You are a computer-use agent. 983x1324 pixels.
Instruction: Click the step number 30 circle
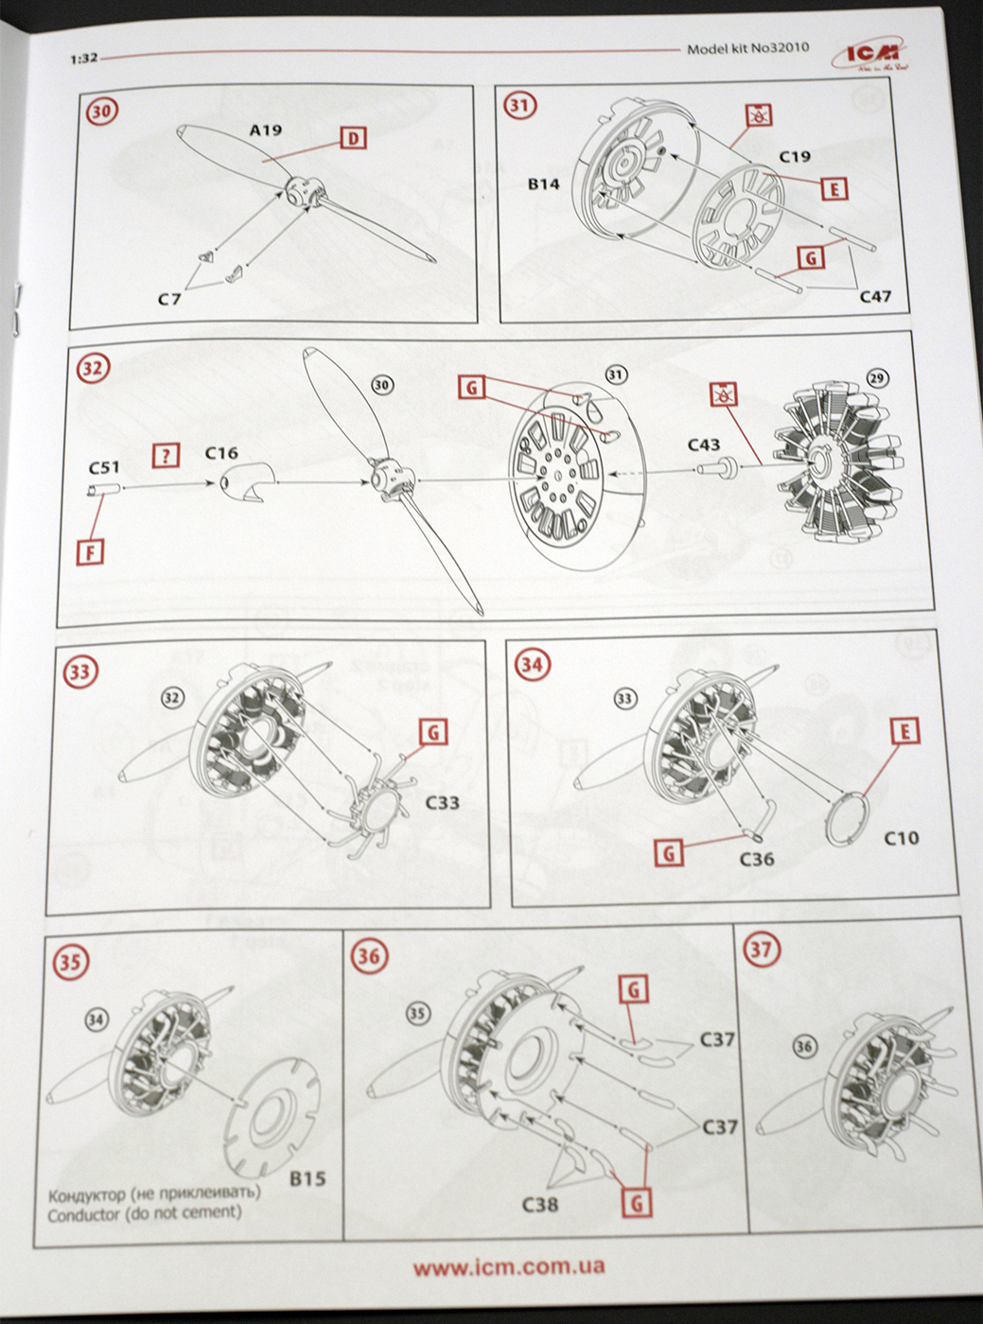pyautogui.click(x=102, y=112)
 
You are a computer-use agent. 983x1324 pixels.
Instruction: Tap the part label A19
pyautogui.click(x=265, y=131)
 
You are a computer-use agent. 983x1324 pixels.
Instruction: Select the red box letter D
pyautogui.click(x=352, y=139)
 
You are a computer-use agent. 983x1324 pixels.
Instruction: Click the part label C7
pyautogui.click(x=169, y=300)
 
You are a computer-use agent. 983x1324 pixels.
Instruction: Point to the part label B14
pyautogui.click(x=543, y=183)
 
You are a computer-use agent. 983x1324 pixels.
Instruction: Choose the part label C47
pyautogui.click(x=875, y=296)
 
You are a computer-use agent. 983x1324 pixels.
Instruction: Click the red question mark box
pyautogui.click(x=166, y=456)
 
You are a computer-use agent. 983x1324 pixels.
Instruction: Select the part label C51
pyautogui.click(x=104, y=466)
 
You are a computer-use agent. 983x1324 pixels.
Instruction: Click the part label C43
pyautogui.click(x=703, y=444)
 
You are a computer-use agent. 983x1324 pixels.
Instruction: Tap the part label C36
pyautogui.click(x=757, y=859)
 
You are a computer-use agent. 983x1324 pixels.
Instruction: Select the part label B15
pyautogui.click(x=307, y=1178)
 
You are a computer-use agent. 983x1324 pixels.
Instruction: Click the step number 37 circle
pyautogui.click(x=763, y=949)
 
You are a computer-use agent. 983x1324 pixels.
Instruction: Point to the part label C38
pyautogui.click(x=540, y=1204)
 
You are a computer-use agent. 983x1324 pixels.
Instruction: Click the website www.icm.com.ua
pyautogui.click(x=509, y=1266)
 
